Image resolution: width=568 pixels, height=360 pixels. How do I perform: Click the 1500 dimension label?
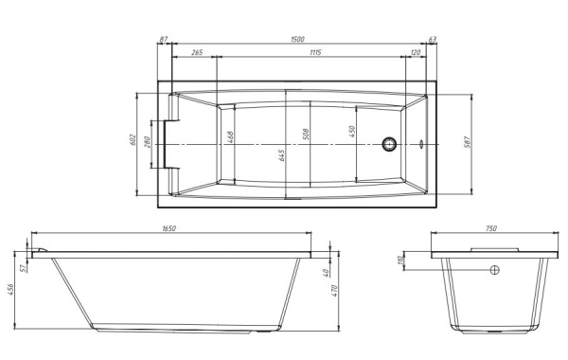[298, 39]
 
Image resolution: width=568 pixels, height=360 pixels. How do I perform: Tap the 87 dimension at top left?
[164, 39]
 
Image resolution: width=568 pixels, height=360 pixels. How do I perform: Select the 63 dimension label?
[433, 39]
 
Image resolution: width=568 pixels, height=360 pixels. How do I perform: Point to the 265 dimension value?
[197, 52]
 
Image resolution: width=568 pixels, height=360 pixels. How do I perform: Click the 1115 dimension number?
[315, 52]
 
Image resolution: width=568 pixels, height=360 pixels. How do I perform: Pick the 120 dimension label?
[416, 52]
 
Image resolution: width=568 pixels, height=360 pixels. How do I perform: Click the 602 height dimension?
[133, 139]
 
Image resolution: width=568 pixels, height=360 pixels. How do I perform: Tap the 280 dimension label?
[147, 142]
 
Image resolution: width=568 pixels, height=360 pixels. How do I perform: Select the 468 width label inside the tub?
[230, 136]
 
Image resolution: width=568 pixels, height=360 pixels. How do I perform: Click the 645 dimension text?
[281, 155]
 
